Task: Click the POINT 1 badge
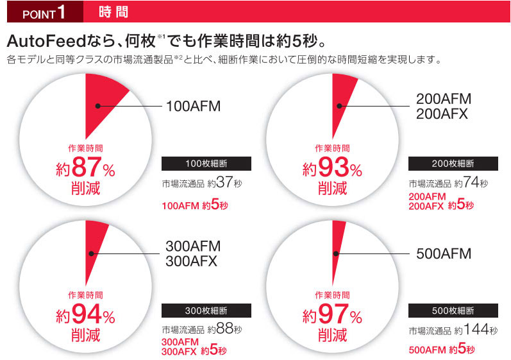pos(41,11)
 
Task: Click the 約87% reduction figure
pos(85,170)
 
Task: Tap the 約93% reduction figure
pos(332,170)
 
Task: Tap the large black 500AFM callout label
pos(444,253)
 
